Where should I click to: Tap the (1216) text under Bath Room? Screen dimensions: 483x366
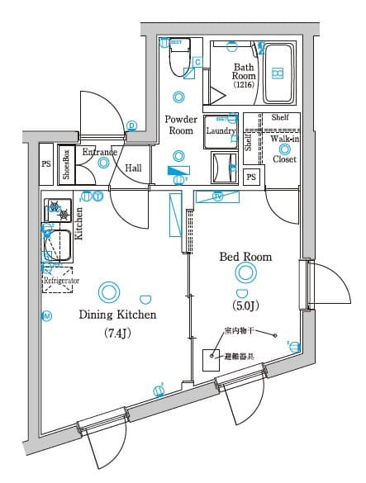click(243, 85)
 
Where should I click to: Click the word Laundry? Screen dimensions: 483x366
click(221, 131)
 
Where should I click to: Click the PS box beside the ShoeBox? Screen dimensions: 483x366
click(46, 163)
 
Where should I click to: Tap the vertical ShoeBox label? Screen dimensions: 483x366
click(66, 163)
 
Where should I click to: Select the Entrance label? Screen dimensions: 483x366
click(99, 153)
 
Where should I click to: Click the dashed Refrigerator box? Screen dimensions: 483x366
click(57, 281)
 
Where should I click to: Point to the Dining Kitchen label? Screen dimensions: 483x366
click(117, 315)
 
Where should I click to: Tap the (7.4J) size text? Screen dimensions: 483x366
click(117, 334)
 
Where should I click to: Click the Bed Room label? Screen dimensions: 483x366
click(245, 257)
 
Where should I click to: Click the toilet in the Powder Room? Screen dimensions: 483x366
click(177, 59)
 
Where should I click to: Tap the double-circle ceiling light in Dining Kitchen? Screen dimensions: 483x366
click(107, 291)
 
